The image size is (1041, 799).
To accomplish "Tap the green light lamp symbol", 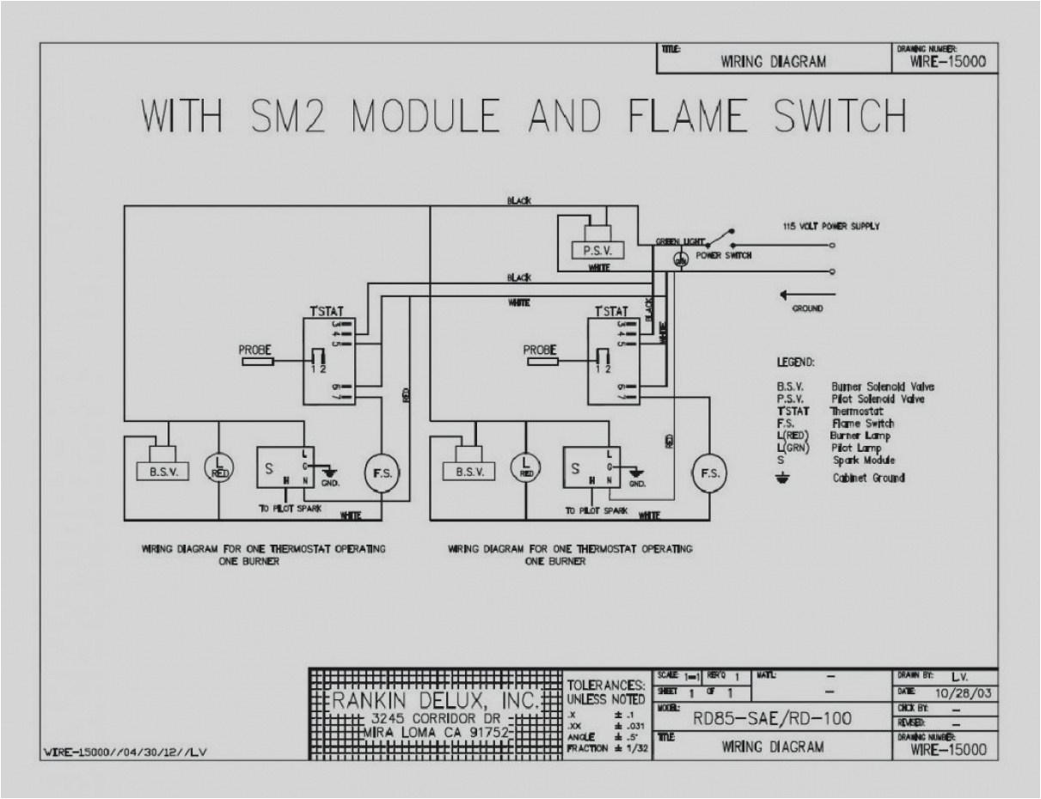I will point(680,259).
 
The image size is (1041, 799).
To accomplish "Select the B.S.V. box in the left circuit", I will point(163,472).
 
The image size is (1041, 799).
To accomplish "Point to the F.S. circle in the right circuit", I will point(709,473).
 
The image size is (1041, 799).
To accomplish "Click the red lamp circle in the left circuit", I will point(218,468).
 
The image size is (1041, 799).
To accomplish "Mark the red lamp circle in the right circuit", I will point(526,468).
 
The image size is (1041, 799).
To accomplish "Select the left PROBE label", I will point(255,350).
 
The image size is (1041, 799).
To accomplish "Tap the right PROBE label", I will point(541,350).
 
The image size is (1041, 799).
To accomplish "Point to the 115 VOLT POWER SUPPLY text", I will point(830,227).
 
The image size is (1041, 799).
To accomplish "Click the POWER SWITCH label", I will point(724,255).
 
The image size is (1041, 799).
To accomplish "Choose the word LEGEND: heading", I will point(795,363).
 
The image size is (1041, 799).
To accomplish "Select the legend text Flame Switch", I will point(862,423).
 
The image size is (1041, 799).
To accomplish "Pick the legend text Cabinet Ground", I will point(868,478).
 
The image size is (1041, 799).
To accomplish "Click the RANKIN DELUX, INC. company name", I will point(436,699).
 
